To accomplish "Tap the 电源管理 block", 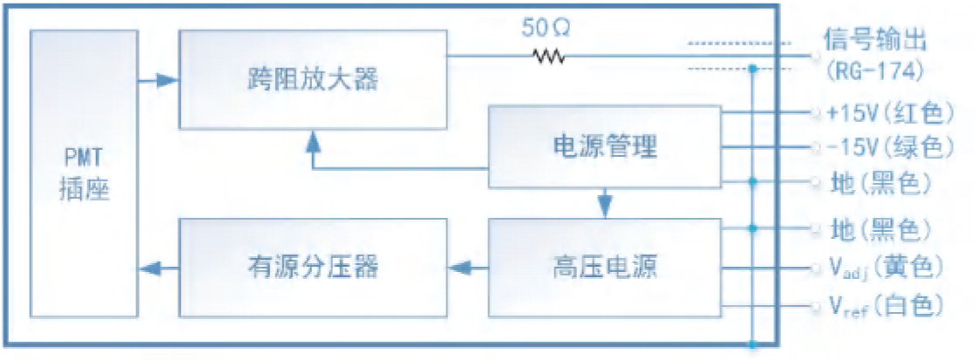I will coord(605,146).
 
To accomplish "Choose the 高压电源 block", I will coord(605,267).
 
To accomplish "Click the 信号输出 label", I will coord(876,39).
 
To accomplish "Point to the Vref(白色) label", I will coord(884,306).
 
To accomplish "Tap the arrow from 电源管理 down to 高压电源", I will coord(605,205).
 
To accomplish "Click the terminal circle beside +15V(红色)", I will coord(815,113).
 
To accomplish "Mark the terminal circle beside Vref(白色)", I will coord(815,306).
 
